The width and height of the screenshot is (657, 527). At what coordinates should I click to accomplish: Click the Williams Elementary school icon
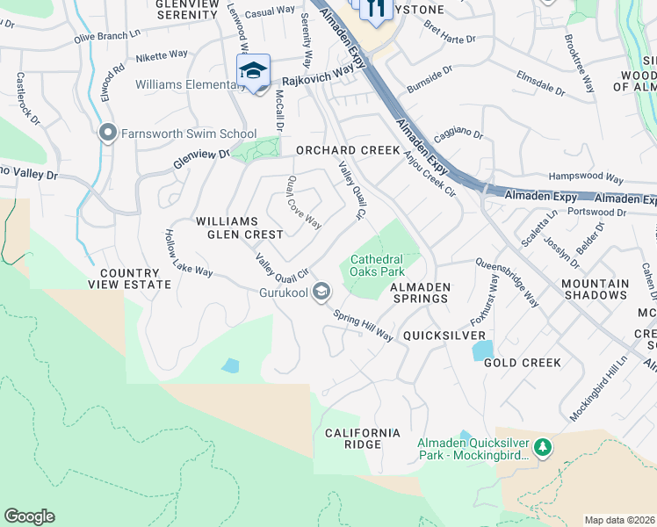(x=253, y=70)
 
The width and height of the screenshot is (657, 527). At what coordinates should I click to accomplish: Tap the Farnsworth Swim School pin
(x=108, y=134)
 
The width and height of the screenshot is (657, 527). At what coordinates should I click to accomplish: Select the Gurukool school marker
(x=322, y=291)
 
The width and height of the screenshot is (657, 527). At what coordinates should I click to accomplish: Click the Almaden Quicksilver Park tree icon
(x=543, y=448)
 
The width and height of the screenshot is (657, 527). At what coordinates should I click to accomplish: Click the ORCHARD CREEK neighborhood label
(x=348, y=150)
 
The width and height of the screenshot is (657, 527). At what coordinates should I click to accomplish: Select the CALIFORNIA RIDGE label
(x=362, y=440)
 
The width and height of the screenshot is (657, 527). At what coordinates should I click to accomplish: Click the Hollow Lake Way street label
(x=189, y=254)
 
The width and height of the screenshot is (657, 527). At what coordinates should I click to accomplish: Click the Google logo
(x=29, y=516)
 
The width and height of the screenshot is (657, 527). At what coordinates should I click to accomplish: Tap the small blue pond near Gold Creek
(x=482, y=350)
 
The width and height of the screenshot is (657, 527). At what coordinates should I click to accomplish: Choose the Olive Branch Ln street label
(x=106, y=37)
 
